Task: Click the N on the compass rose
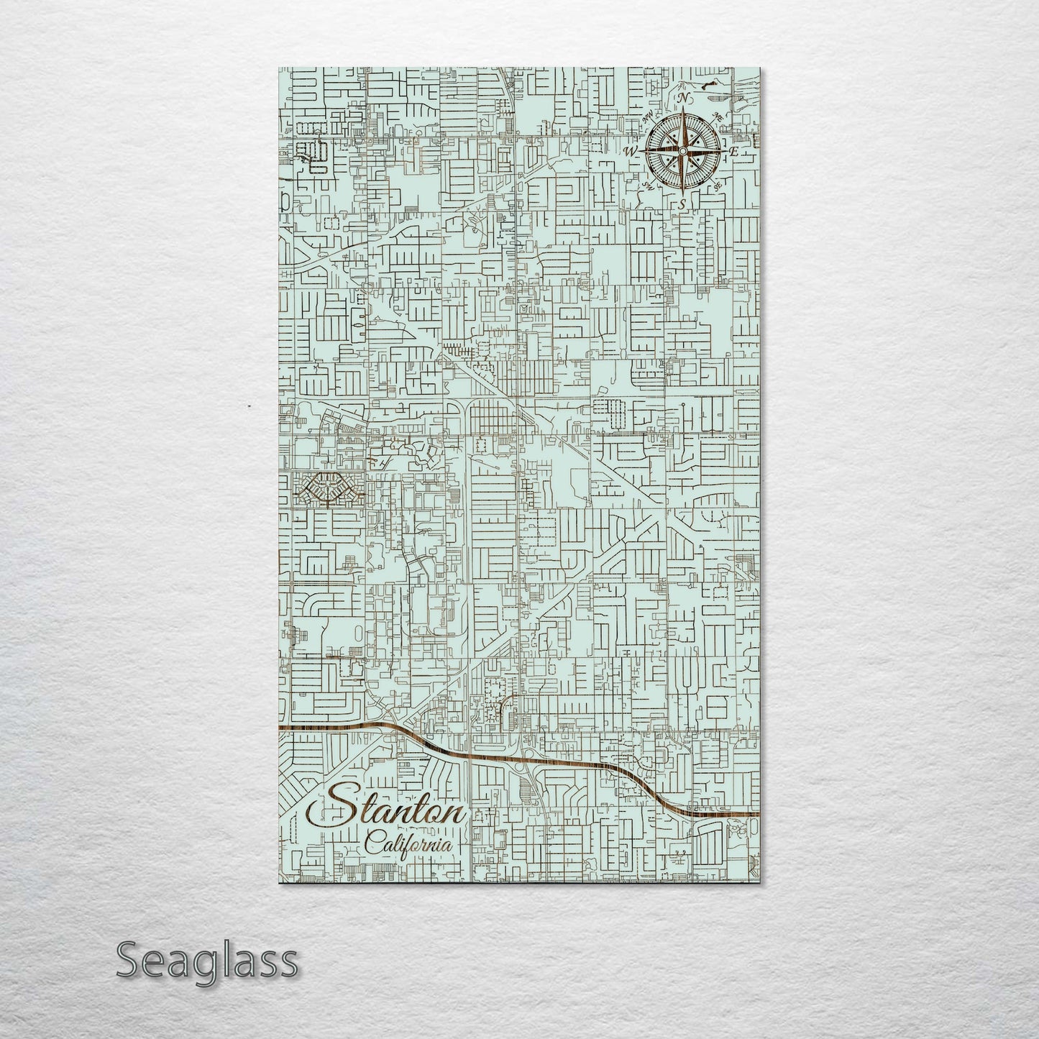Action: pyautogui.click(x=685, y=99)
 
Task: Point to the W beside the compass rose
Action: pyautogui.click(x=631, y=151)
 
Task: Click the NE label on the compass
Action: pyautogui.click(x=716, y=116)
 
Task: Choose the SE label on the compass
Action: pyautogui.click(x=717, y=186)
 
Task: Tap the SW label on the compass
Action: pyautogui.click(x=647, y=186)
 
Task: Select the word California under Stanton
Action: pyautogui.click(x=409, y=844)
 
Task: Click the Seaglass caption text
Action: pyautogui.click(x=206, y=960)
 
